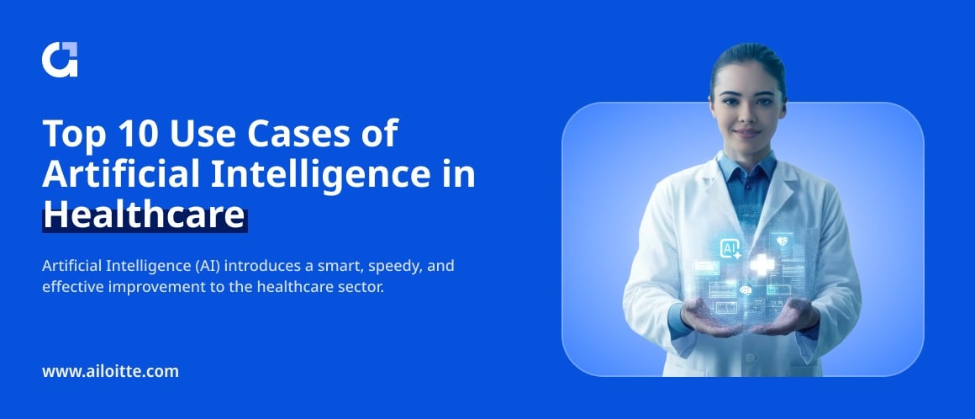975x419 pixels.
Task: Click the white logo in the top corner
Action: point(60,60)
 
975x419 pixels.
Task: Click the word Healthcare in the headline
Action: point(145,217)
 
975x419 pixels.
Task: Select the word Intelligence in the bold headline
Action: point(319,176)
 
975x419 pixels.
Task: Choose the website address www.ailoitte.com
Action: point(111,372)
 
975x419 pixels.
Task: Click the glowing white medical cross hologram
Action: point(762,264)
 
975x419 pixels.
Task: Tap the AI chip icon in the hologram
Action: point(730,250)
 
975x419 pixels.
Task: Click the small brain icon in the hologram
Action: point(746,290)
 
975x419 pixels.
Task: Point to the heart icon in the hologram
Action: point(782,241)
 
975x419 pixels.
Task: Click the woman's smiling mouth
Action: point(746,133)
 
